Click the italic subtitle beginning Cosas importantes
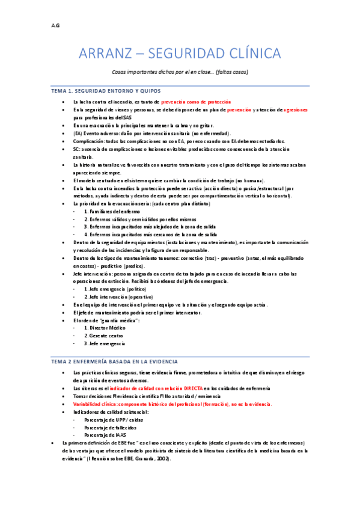(180, 72)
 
